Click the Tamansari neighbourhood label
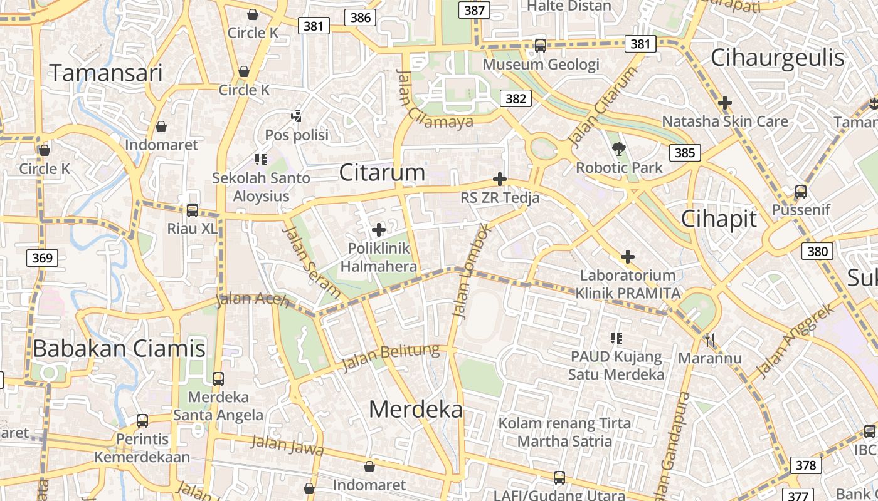pyautogui.click(x=106, y=73)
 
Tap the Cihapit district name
pyautogui.click(x=719, y=219)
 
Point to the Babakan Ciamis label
pyautogui.click(x=119, y=348)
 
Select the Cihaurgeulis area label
pyautogui.click(x=778, y=58)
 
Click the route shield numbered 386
pyautogui.click(x=361, y=18)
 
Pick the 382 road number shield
pyautogui.click(x=516, y=98)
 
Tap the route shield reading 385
pyautogui.click(x=685, y=152)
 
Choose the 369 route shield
pyautogui.click(x=43, y=257)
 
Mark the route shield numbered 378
pyautogui.click(x=805, y=465)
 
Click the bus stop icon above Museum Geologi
pyautogui.click(x=540, y=45)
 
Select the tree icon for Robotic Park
pyautogui.click(x=619, y=149)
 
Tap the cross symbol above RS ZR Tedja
pyautogui.click(x=500, y=180)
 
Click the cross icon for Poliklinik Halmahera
pyautogui.click(x=379, y=230)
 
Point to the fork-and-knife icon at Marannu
pyautogui.click(x=710, y=340)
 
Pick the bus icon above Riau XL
pyautogui.click(x=193, y=210)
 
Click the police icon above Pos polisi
pyautogui.click(x=297, y=116)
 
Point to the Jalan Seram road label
pyautogui.click(x=310, y=261)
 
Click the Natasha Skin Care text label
pyautogui.click(x=725, y=121)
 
